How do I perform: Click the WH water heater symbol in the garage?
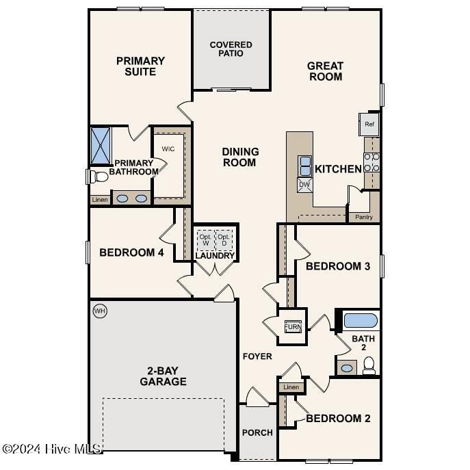[100, 311]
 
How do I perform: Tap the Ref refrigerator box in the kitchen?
[369, 124]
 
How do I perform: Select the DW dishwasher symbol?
[304, 184]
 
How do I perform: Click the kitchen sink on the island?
[304, 165]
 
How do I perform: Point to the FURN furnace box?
[293, 327]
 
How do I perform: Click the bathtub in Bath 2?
[359, 320]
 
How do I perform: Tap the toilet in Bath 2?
[369, 367]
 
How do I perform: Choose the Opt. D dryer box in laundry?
[224, 240]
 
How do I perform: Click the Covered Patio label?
[231, 49]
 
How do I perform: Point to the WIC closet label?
[169, 148]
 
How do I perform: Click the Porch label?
[257, 432]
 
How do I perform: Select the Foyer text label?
[257, 356]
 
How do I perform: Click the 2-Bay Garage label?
[163, 376]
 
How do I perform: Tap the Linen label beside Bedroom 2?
[291, 387]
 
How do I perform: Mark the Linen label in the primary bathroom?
[99, 200]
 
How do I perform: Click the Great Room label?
[325, 71]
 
